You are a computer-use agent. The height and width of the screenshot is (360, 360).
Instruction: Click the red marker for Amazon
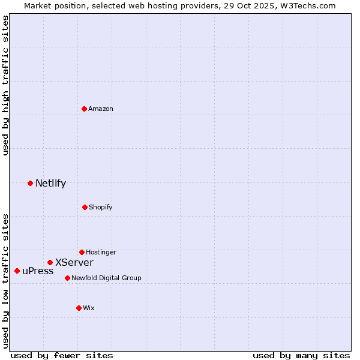[85, 109]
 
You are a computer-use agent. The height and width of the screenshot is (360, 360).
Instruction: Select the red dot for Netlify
[30, 183]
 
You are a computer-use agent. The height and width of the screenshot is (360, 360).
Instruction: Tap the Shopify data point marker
[85, 207]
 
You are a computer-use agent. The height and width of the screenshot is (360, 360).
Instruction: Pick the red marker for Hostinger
[82, 252]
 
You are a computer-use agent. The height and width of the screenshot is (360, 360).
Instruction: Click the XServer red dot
[50, 262]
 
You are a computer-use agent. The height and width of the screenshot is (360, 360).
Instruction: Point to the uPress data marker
[17, 271]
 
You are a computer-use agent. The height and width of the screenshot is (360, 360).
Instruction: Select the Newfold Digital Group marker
[67, 278]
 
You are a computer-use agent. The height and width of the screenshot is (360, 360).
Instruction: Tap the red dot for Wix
[79, 308]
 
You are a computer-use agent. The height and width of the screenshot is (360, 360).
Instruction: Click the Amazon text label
[101, 109]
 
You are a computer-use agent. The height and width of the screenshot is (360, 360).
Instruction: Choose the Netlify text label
[50, 183]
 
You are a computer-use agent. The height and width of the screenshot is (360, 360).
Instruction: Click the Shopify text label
[100, 207]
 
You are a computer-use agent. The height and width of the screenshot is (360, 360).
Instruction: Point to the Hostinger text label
[101, 252]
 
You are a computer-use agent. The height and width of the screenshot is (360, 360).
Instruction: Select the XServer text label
[74, 262]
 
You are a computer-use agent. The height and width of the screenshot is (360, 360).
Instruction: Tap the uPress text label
[38, 271]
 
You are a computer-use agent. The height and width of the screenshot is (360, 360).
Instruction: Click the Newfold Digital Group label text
[106, 278]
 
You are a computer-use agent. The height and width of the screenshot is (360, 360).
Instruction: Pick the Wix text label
[89, 308]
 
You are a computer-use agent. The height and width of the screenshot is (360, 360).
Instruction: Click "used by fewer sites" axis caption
[62, 355]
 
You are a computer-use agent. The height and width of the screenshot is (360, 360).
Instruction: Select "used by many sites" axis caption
[301, 355]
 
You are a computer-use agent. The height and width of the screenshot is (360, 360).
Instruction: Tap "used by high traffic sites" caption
[5, 85]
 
